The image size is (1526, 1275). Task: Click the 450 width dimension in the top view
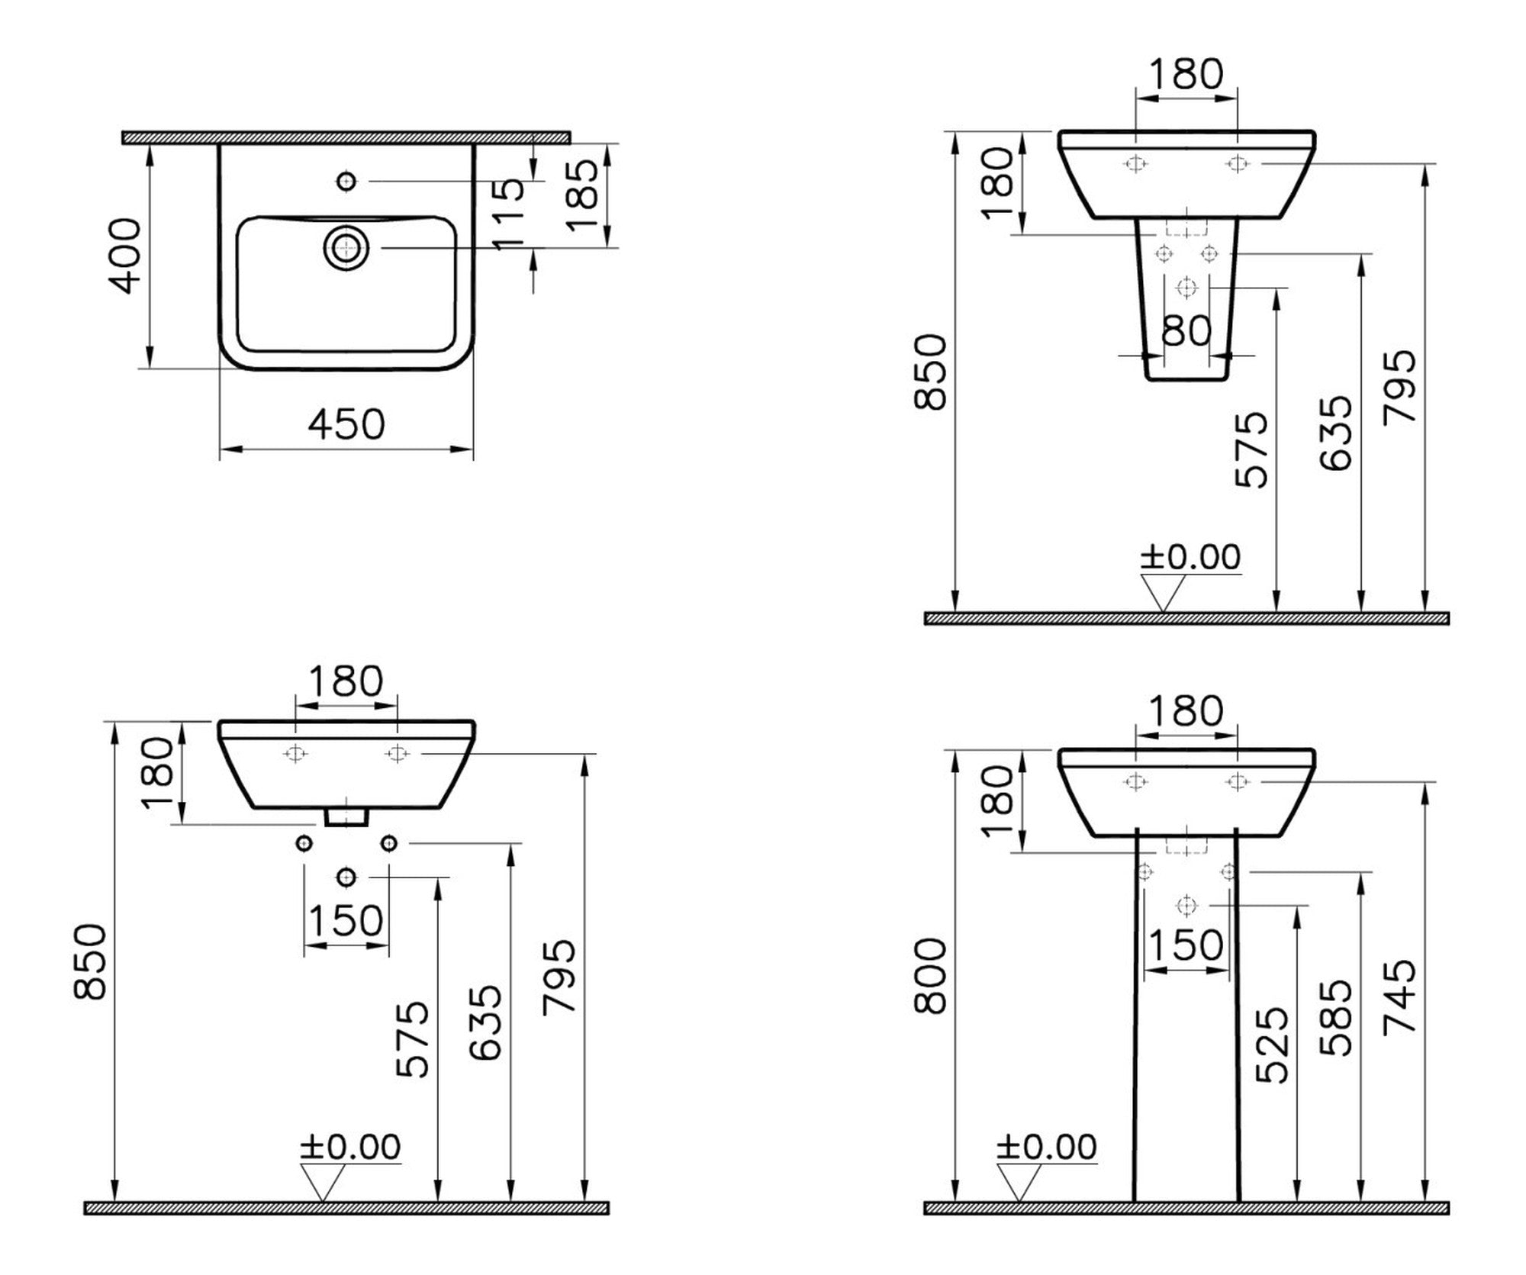[x=346, y=426]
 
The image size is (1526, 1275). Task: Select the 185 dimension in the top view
[x=584, y=195]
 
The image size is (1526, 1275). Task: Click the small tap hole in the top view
[x=346, y=182]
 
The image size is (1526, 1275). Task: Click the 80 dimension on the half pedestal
[x=1187, y=331]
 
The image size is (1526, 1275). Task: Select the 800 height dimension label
[x=932, y=977]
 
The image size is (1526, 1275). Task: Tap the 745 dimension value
[x=1400, y=996]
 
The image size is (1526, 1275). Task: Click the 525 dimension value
[x=1272, y=1045]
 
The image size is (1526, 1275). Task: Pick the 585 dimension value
[x=1336, y=1019]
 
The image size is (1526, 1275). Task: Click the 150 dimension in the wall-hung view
[x=346, y=920]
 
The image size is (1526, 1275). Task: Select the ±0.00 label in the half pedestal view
[x=1190, y=557]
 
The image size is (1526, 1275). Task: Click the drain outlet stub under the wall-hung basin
[x=346, y=817]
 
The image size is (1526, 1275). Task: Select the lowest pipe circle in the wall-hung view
[x=346, y=877]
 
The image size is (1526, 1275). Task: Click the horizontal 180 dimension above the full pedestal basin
[x=1185, y=711]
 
